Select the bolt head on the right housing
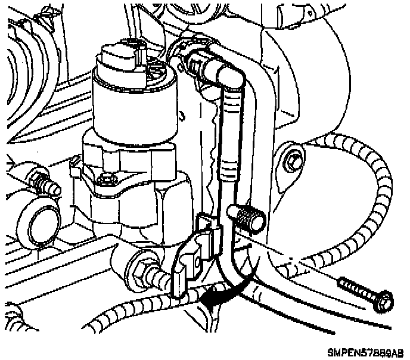coord(291,160)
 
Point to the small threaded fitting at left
coord(42,179)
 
